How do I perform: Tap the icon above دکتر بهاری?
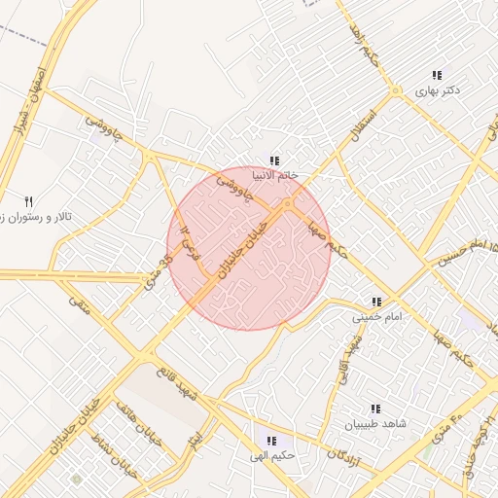click(438, 75)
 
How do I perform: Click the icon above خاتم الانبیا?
click(275, 160)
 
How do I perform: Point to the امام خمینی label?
click(376, 316)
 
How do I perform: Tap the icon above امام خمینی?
click(376, 302)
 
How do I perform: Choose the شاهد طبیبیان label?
click(374, 424)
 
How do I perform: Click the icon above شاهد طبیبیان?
click(375, 409)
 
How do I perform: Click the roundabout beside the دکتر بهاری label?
click(395, 91)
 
